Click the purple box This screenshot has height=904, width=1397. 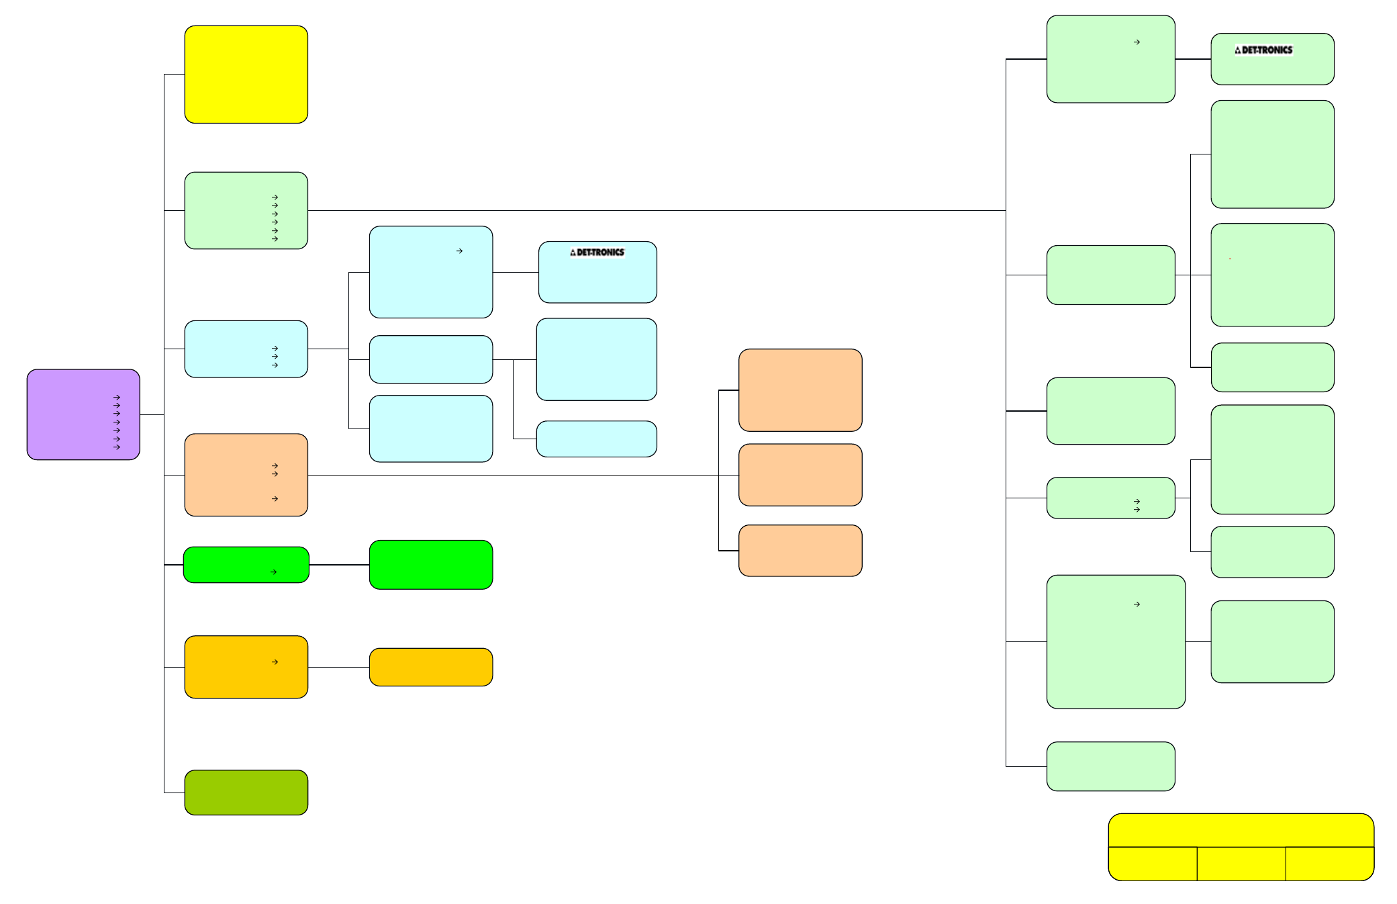click(83, 414)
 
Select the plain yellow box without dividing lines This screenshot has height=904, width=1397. click(246, 75)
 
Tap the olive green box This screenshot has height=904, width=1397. click(246, 793)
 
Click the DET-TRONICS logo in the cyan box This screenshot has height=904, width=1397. click(597, 253)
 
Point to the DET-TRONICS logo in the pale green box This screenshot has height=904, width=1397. click(1264, 50)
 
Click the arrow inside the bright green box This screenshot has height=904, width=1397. click(274, 572)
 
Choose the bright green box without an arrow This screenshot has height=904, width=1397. click(431, 565)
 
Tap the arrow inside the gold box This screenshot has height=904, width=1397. click(275, 662)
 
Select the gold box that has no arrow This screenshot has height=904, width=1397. click(431, 667)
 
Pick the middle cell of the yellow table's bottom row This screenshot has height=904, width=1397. click(1241, 864)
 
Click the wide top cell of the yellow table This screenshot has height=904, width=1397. click(1241, 830)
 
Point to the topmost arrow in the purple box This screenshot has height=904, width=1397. click(117, 398)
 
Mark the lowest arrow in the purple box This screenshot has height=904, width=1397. click(117, 447)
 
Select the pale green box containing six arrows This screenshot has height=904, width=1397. click(246, 211)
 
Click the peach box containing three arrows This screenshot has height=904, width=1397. click(246, 475)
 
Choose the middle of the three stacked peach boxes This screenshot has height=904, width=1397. click(800, 475)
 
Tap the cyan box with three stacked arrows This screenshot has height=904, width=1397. click(246, 349)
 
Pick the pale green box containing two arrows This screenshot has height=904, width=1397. click(1111, 498)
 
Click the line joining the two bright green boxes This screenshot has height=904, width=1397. click(339, 565)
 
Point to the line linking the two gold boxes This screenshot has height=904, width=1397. click(339, 667)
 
